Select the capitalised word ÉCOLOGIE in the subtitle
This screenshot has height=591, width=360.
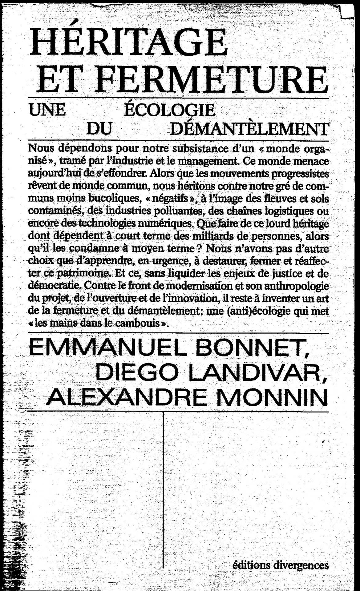tap(169, 110)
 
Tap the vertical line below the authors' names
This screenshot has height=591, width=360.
tap(164, 486)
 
